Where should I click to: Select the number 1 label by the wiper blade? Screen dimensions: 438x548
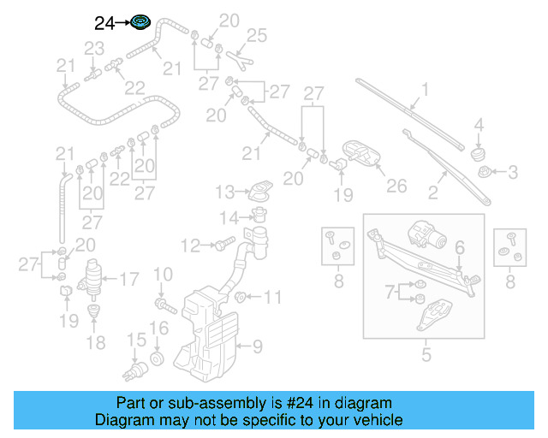(x=425, y=89)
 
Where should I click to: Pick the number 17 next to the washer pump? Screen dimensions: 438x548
(x=128, y=278)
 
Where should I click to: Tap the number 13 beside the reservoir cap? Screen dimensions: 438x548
(x=224, y=190)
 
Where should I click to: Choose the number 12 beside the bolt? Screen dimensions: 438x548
(x=190, y=246)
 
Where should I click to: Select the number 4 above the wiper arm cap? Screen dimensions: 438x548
(x=479, y=124)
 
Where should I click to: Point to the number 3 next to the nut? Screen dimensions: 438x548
(x=513, y=173)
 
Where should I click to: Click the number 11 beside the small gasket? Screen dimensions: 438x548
(x=272, y=298)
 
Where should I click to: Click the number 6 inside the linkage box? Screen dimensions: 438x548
(x=459, y=248)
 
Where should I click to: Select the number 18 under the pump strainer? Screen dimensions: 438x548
(x=96, y=342)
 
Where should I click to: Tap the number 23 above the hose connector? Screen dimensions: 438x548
(x=93, y=47)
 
